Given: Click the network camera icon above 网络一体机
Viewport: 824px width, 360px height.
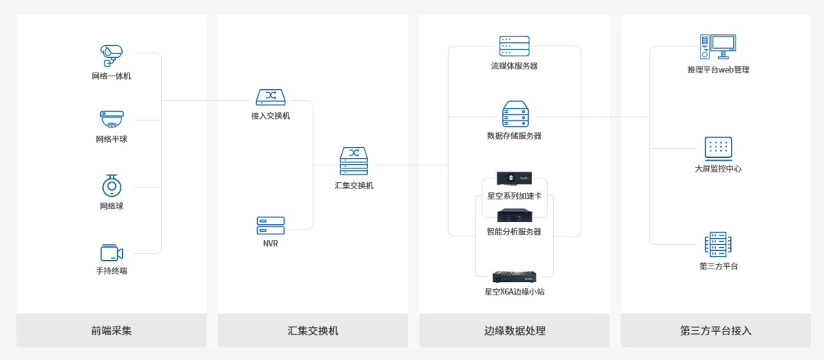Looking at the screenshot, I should pyautogui.click(x=111, y=54).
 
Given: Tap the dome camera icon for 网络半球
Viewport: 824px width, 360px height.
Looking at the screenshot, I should pyautogui.click(x=111, y=119).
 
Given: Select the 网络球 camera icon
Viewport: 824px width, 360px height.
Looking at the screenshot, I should pyautogui.click(x=111, y=185).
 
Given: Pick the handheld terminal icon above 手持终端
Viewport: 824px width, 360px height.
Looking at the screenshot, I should pyautogui.click(x=111, y=252).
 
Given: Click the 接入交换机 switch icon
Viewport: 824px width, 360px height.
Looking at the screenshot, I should pyautogui.click(x=270, y=98).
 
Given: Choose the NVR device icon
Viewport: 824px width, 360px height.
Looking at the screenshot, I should pyautogui.click(x=270, y=225).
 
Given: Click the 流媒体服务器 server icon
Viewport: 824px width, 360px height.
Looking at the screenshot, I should pyautogui.click(x=514, y=46).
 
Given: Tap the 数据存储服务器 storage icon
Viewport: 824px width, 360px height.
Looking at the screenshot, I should pyautogui.click(x=514, y=114).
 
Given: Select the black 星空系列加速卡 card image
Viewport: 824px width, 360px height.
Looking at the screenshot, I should pyautogui.click(x=514, y=179).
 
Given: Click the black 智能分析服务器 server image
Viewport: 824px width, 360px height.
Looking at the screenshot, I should pyautogui.click(x=514, y=216).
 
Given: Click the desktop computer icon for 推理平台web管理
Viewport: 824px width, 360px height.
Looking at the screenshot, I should pyautogui.click(x=718, y=47).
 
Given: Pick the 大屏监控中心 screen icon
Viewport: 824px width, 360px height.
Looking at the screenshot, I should pyautogui.click(x=718, y=148).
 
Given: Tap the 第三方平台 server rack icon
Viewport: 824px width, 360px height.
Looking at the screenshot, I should pyautogui.click(x=718, y=244).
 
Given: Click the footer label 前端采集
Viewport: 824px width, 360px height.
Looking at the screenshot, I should pyautogui.click(x=111, y=331).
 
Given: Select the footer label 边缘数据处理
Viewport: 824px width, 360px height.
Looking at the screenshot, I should pyautogui.click(x=514, y=331).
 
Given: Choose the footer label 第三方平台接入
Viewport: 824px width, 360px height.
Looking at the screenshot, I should pyautogui.click(x=716, y=331).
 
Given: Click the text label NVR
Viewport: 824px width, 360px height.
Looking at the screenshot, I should pyautogui.click(x=270, y=243).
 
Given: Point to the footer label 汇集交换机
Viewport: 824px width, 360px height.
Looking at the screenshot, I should pyautogui.click(x=313, y=331).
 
